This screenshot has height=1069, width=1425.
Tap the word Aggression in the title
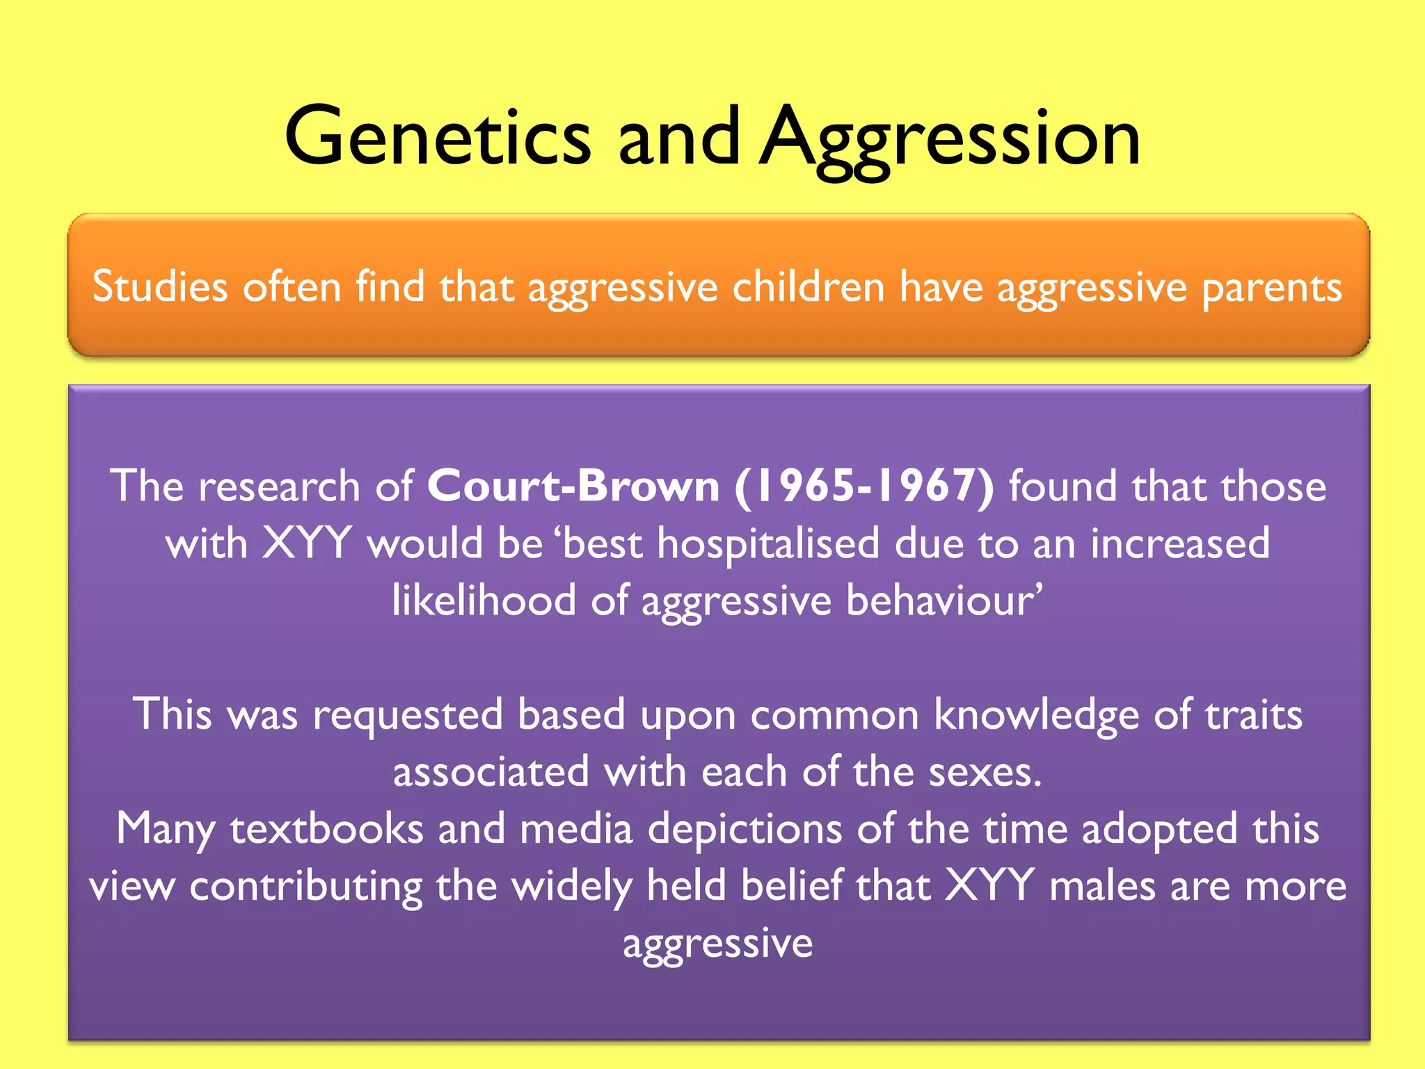coord(949,139)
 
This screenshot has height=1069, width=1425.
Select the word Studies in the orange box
coord(160,287)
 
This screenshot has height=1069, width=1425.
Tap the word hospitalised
coord(768,543)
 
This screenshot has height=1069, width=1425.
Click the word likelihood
coord(484,600)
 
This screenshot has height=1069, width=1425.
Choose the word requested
coord(408,715)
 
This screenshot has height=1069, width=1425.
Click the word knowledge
coord(1036,715)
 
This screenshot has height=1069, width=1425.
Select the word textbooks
coord(326,830)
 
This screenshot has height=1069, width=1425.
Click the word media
coord(576,830)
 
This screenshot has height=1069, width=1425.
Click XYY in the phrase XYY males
coord(990,886)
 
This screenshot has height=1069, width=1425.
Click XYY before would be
coord(307,543)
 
